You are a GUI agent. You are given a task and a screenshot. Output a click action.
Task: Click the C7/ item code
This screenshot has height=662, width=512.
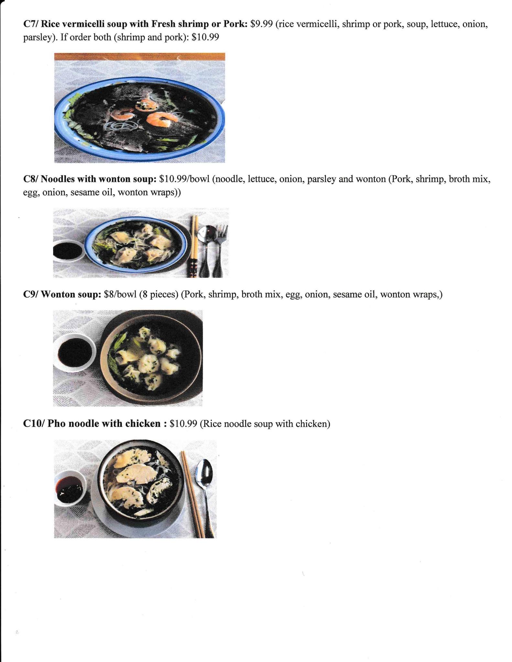(31, 24)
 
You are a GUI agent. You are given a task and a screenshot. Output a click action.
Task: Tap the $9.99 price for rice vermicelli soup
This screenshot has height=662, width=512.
(261, 24)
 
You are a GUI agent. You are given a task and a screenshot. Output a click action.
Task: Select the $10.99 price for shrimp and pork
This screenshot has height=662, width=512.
(205, 37)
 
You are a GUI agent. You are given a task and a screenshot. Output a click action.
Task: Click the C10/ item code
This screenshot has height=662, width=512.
(34, 423)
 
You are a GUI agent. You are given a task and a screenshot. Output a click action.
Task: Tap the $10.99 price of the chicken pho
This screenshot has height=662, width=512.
(183, 423)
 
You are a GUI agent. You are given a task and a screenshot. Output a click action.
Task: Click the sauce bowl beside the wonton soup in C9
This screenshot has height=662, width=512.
(74, 353)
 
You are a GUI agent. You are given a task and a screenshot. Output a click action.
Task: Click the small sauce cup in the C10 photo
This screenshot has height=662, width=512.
(70, 488)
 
